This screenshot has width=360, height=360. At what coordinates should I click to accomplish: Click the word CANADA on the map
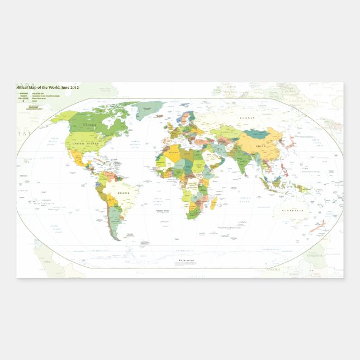point(90,125)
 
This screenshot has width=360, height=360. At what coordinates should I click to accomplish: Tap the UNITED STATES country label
point(85,144)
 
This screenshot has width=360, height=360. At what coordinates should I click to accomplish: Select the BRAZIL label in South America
point(124,193)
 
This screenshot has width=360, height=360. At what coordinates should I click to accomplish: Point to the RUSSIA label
point(247,119)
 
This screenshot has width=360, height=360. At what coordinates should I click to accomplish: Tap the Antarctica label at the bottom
point(186,260)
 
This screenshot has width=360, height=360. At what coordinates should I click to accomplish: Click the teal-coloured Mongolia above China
point(258,134)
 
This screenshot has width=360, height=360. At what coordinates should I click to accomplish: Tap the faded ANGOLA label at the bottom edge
point(273,269)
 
